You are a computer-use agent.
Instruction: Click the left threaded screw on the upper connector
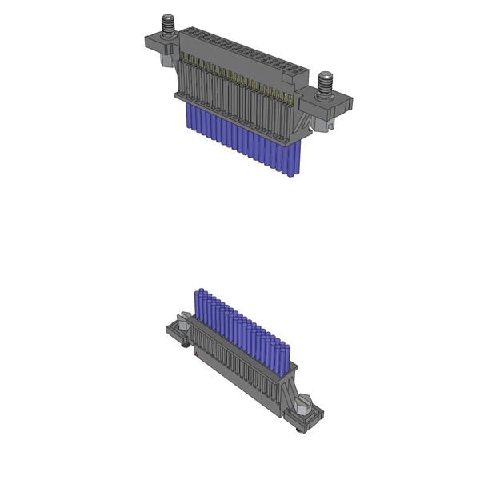170,24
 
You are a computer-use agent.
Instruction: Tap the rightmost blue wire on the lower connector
284,356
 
